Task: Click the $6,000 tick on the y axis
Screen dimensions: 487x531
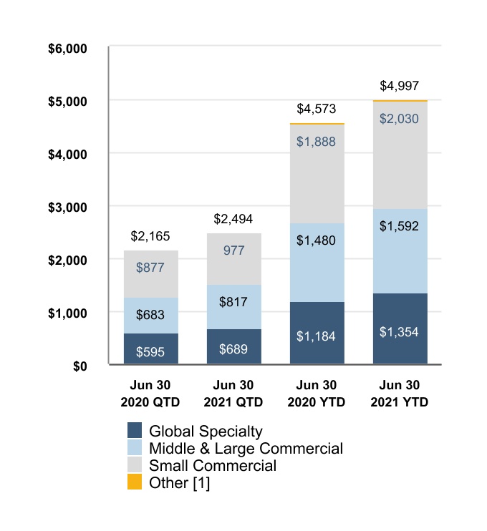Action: click(x=67, y=49)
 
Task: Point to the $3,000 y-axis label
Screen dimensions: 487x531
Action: click(x=67, y=208)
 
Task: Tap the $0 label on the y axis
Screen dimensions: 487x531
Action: click(x=80, y=366)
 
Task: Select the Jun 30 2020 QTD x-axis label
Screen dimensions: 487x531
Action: click(x=150, y=394)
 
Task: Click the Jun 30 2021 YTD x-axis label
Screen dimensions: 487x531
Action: click(x=399, y=394)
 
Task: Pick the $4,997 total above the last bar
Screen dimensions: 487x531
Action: click(x=399, y=86)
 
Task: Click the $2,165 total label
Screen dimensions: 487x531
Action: click(x=150, y=236)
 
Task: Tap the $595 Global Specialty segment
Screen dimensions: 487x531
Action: click(x=151, y=349)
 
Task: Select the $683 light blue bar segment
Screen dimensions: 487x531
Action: click(x=151, y=316)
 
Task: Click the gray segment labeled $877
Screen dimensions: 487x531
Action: click(x=151, y=274)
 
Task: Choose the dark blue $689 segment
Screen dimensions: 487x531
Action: click(x=234, y=346)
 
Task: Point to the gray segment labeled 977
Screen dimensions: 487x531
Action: click(x=234, y=259)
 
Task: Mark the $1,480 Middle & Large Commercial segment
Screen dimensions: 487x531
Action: click(x=317, y=263)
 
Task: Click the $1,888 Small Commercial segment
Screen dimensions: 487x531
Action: click(x=317, y=174)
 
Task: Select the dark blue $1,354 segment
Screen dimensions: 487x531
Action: click(x=400, y=328)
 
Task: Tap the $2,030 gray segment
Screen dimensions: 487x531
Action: click(x=400, y=155)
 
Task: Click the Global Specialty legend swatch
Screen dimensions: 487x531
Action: click(x=135, y=430)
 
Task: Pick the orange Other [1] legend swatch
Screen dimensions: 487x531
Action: click(x=135, y=482)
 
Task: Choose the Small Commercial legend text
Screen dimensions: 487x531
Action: click(x=213, y=465)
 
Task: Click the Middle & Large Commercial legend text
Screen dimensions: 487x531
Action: click(x=246, y=449)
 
